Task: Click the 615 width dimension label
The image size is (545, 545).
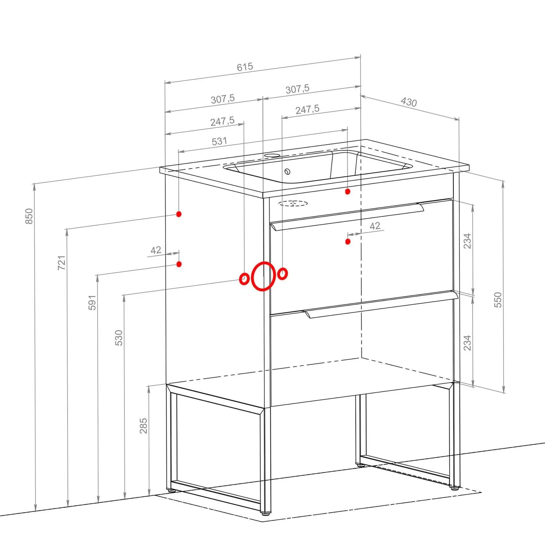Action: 245,67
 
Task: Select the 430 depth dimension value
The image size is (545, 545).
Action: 409,102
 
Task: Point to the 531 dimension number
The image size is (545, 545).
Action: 220,141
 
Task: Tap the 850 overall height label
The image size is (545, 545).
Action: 29,216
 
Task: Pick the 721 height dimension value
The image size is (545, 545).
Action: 61,263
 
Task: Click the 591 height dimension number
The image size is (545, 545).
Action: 92,302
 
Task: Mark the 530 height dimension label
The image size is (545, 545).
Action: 119,338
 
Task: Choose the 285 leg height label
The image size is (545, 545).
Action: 144,426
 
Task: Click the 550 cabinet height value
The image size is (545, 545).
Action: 498,300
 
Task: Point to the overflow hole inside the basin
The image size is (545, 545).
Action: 288,171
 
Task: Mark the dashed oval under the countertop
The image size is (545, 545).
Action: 293,203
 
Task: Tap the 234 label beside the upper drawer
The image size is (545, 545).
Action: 468,241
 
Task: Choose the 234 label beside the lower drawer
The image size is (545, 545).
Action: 468,343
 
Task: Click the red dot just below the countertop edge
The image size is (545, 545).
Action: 348,192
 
